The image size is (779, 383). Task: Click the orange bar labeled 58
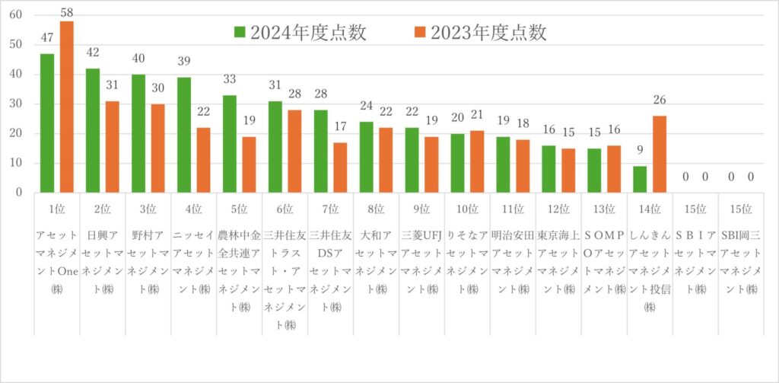[x=67, y=107]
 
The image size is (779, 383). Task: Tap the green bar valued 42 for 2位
[x=93, y=130]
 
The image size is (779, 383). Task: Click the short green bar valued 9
[x=640, y=179]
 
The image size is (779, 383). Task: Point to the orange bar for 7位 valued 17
[x=341, y=168]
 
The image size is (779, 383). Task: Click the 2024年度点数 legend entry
[x=300, y=32]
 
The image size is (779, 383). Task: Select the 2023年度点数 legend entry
[x=479, y=32]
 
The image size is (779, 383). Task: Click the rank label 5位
[x=239, y=209]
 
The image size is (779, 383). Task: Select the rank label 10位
[x=467, y=209]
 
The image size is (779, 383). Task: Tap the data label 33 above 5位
[x=230, y=79]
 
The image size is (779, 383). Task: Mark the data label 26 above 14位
[x=660, y=100]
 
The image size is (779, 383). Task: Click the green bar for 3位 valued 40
[x=138, y=133]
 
